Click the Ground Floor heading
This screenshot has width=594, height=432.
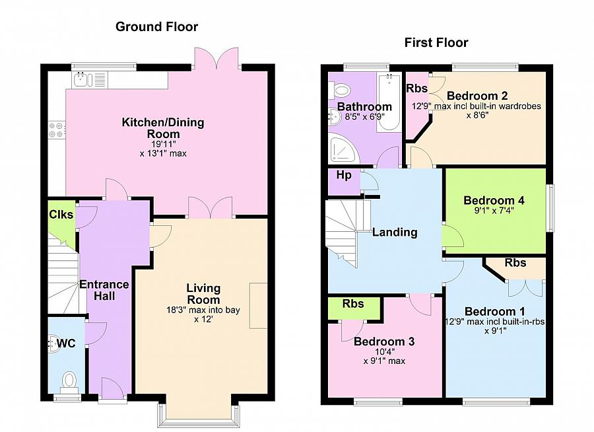pos(156,26)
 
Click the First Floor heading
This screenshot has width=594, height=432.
pos(436,42)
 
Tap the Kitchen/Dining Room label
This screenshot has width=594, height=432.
pos(163,128)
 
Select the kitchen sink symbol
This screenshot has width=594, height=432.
pos(83,80)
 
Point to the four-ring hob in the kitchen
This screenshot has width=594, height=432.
pos(57,129)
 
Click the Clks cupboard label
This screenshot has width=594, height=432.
pos(61,214)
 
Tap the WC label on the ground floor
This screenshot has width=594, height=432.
pos(66,343)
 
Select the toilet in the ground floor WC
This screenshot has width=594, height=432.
pos(69,381)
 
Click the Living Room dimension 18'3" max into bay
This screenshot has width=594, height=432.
pos(203,310)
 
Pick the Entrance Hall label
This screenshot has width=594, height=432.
pos(104,290)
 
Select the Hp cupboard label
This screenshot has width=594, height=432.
pos(344,175)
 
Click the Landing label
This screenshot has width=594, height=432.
pos(395,232)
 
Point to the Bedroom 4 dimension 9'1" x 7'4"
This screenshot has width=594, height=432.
pos(494,211)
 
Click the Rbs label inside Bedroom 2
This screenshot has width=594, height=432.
pos(416,89)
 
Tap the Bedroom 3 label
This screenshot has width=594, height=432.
pos(384,342)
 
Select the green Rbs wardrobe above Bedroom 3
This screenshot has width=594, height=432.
pos(354,308)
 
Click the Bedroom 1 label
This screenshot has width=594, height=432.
pos(495,312)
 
